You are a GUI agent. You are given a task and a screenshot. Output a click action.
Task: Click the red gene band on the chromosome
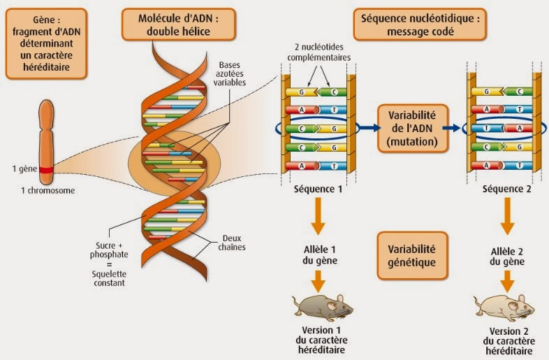coord(46,170)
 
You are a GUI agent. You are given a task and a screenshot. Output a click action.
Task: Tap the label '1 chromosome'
coord(48,191)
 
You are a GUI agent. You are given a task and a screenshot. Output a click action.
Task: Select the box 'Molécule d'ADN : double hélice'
coord(179,24)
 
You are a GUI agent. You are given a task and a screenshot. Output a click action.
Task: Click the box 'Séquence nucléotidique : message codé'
coord(420,24)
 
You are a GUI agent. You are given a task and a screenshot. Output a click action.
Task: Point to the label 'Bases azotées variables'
coord(230,74)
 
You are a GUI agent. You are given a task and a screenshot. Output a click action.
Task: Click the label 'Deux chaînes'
coord(232,243)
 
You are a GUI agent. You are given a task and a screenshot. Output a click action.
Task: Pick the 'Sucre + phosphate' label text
coord(109,250)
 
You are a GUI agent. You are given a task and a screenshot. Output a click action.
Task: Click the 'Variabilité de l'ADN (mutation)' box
coord(413,129)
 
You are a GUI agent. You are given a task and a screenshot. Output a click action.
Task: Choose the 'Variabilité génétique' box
coord(413,256)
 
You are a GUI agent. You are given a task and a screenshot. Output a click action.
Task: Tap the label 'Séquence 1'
coord(318,189)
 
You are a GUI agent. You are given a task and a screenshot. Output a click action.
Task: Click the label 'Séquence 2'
coord(507,189)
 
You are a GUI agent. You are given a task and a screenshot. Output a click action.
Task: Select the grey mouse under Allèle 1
coord(323,308)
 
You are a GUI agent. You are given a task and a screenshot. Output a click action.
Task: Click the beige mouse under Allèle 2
coord(504,308)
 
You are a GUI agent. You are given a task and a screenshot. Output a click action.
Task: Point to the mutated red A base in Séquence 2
coord(518,129)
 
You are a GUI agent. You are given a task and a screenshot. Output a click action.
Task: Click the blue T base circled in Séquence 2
coord(488,129)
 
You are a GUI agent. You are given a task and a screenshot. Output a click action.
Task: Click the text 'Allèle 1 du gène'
coord(320,255)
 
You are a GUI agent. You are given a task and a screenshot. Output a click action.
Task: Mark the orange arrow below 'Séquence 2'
coord(507,216)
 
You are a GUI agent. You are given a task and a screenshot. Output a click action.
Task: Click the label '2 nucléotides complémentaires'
coord(319,52)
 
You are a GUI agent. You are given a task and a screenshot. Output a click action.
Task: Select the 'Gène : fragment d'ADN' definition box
coord(46,43)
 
